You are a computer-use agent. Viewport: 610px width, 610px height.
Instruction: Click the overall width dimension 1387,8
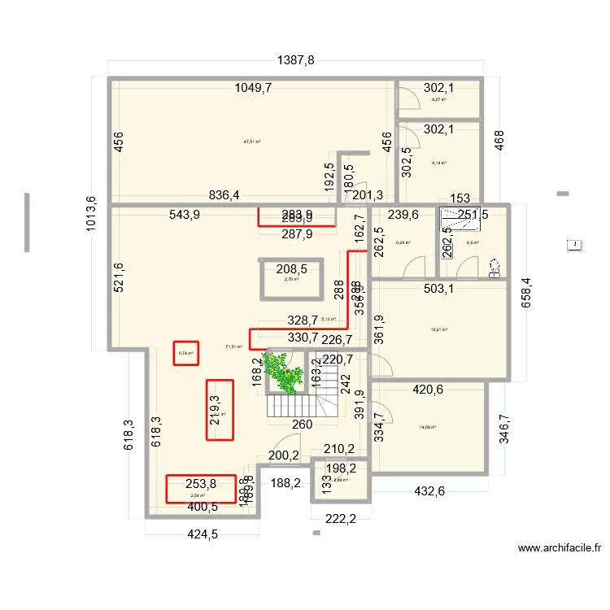(295, 59)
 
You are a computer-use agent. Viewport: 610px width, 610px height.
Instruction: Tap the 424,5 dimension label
(203, 535)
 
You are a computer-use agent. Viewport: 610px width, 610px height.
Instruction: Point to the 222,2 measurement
(341, 519)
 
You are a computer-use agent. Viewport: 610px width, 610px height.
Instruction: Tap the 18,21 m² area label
(439, 329)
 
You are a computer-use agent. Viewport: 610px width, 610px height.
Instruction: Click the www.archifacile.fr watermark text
(559, 549)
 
